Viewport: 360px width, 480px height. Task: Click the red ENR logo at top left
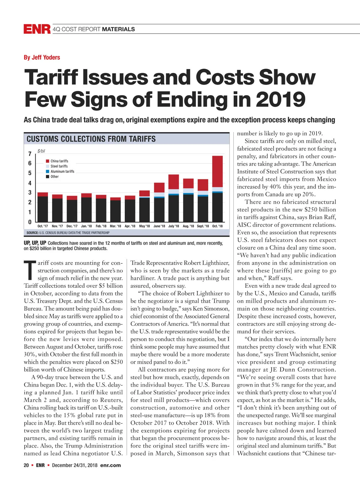37,29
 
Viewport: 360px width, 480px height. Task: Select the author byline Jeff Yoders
42,57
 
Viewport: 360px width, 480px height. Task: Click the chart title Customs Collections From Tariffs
91,139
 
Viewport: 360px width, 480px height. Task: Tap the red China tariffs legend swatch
47,161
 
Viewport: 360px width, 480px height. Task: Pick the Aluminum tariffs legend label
62,171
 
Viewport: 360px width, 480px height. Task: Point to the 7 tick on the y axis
30,154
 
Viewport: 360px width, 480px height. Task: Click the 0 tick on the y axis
30,222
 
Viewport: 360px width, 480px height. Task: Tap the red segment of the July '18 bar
173,181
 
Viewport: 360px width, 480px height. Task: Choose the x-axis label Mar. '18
115,226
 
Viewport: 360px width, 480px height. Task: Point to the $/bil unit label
41,151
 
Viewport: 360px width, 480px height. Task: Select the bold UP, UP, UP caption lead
35,243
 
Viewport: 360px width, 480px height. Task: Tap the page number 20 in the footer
26,465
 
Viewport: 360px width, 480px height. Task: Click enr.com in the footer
110,465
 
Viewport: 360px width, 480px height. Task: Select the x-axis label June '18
159,226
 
